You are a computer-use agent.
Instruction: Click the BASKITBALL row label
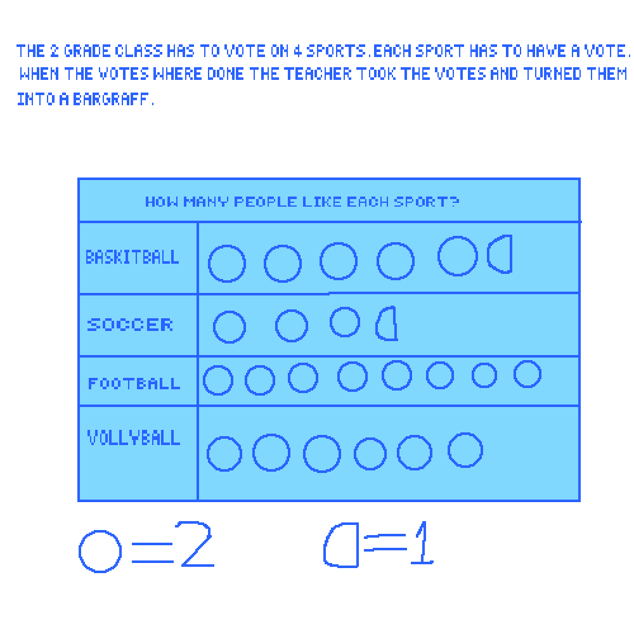(x=133, y=257)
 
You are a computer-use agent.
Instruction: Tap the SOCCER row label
(x=130, y=325)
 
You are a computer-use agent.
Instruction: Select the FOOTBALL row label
(x=134, y=384)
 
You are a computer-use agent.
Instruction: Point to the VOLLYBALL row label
(x=134, y=437)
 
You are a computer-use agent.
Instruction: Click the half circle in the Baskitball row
(x=511, y=254)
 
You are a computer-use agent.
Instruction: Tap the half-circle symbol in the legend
(x=358, y=545)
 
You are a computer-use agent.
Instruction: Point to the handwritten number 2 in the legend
(x=195, y=544)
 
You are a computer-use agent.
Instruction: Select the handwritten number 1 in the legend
(x=423, y=542)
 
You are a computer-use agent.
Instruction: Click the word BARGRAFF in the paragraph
(x=111, y=99)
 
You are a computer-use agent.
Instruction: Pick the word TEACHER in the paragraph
(x=318, y=74)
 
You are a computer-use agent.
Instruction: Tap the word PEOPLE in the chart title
(x=266, y=202)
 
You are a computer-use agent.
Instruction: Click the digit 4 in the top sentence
(x=297, y=51)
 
